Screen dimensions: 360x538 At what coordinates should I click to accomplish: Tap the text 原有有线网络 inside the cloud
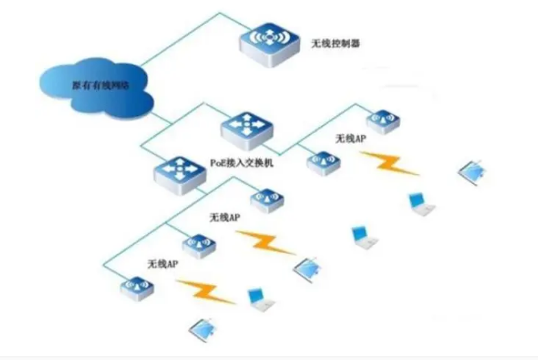100,85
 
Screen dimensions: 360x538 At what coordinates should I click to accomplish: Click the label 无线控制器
336,43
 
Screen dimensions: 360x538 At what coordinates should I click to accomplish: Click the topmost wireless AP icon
383,121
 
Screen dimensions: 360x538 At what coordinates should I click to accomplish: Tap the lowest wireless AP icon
137,287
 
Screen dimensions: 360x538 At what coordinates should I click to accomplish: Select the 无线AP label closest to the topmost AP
350,139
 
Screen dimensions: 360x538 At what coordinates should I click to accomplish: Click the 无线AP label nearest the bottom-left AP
162,263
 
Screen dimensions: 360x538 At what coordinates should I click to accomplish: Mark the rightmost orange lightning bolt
390,163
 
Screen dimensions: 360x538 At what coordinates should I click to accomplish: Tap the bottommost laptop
203,328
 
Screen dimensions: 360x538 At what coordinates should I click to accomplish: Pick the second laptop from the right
420,203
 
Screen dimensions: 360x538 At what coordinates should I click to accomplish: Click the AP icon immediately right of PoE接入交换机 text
323,163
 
